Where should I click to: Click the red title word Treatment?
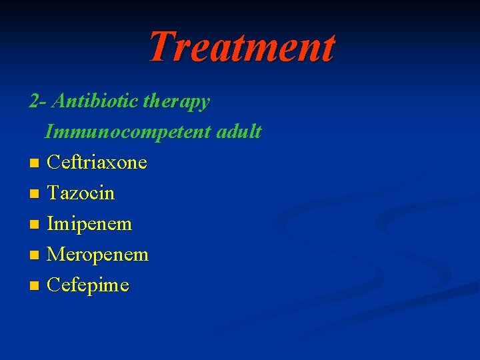click(x=241, y=47)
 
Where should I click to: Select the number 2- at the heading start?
click(x=37, y=101)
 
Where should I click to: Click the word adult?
click(x=239, y=132)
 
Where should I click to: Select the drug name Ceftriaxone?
click(x=97, y=163)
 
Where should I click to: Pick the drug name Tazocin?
click(x=81, y=193)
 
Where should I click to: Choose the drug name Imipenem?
click(x=89, y=224)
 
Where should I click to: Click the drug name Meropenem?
click(x=97, y=255)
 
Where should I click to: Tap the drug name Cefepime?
click(x=88, y=285)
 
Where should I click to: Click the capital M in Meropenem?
click(x=55, y=255)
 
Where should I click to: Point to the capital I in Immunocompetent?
click(x=49, y=132)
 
